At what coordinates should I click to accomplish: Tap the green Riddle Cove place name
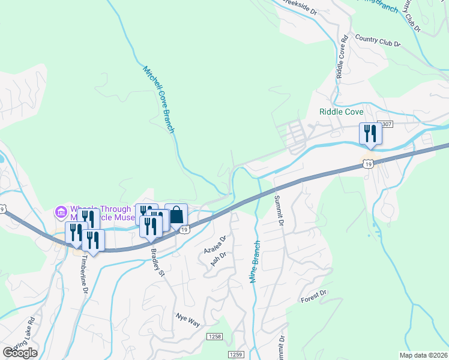[342, 112]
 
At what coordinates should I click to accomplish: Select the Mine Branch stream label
[255, 262]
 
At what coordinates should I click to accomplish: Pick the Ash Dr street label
[218, 259]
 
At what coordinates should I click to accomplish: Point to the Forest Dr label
[313, 296]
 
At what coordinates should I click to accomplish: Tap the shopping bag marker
[176, 215]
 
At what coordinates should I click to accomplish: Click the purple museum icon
[60, 211]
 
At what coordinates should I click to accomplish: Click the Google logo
[20, 352]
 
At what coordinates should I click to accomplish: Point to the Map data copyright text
[424, 355]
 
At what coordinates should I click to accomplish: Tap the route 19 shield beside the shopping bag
[185, 230]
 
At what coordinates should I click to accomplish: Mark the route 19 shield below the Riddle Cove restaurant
[368, 162]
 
